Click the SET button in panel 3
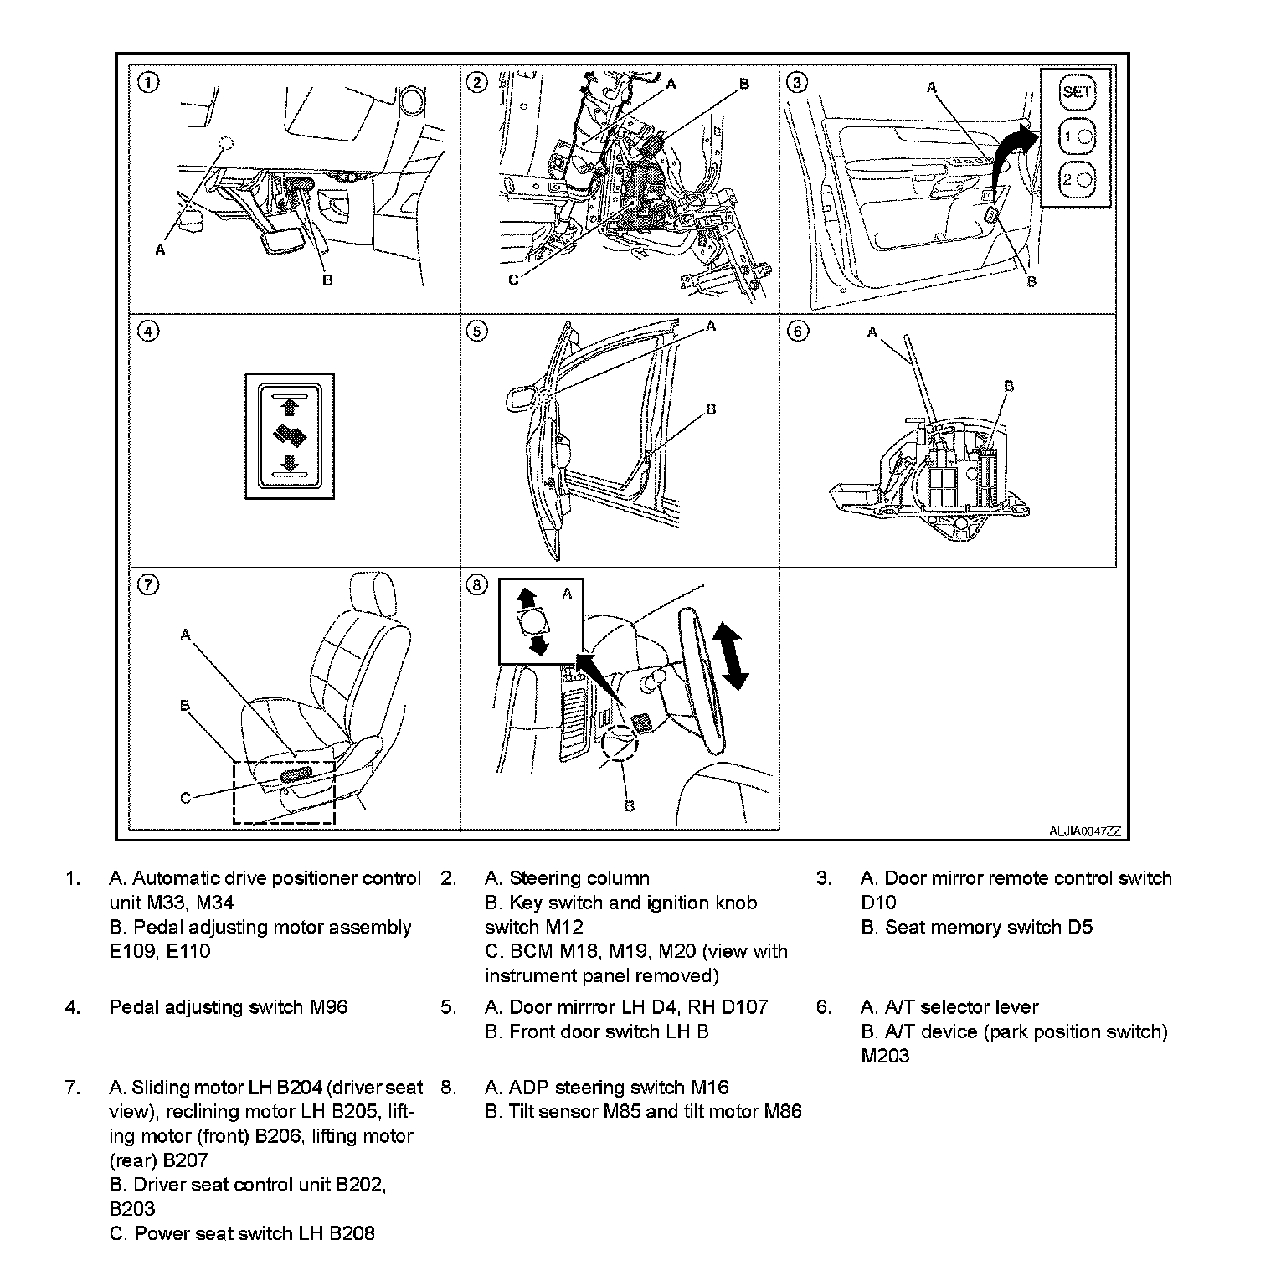[1076, 92]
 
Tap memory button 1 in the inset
[1076, 136]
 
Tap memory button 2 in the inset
[1076, 179]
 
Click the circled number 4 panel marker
[147, 332]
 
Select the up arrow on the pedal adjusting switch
[290, 408]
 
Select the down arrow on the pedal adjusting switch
[290, 463]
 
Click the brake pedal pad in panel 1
[277, 244]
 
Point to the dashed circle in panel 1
[224, 143]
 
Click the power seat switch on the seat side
[296, 775]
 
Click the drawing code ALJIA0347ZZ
[1084, 831]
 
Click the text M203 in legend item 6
[886, 1056]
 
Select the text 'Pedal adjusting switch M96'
[228, 1007]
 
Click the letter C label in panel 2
[513, 281]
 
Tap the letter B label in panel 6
[1009, 386]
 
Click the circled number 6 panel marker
[798, 332]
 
